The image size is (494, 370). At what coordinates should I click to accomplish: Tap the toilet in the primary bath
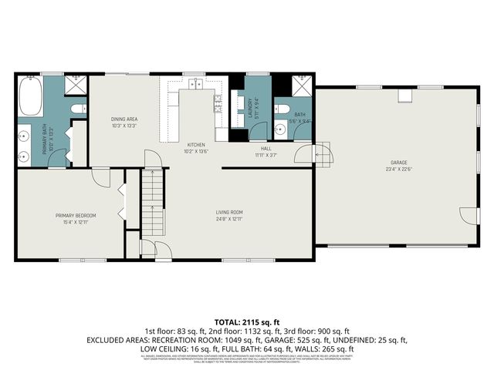(x=77, y=110)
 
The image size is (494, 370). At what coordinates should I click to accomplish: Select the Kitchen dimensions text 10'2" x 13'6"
(x=195, y=152)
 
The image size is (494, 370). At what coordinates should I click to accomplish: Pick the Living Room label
(x=229, y=212)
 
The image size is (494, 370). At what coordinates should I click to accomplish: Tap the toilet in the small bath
(x=283, y=109)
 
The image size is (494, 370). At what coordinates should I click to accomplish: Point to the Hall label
(x=266, y=148)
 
